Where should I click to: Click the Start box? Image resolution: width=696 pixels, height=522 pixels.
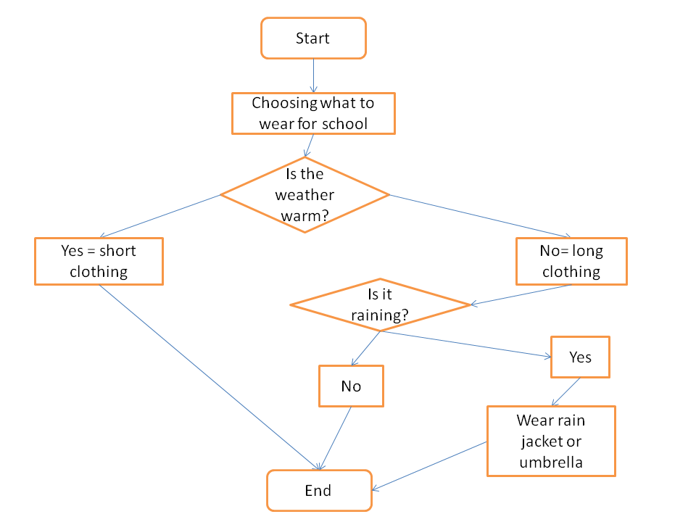313,38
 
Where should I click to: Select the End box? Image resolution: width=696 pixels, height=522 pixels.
319,491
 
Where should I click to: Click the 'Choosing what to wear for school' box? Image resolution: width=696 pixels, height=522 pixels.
313,113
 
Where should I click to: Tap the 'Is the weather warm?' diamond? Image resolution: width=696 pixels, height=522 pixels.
304,195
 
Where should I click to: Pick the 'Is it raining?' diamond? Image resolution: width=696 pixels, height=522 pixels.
380,305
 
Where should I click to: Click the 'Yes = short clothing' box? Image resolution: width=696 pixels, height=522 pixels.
99,261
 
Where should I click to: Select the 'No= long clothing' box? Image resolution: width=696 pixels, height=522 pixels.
571,261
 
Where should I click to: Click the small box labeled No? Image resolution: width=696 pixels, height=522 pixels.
351,386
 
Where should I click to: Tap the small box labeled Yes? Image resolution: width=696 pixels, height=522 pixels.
580,357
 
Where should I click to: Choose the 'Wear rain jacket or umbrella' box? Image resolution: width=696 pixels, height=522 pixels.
551,441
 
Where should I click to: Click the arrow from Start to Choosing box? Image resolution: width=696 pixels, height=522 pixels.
313,75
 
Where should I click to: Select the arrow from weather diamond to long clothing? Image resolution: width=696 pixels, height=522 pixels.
478,216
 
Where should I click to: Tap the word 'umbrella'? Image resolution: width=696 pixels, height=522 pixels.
551,462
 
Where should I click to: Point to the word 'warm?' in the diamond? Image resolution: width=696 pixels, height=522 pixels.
304,215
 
